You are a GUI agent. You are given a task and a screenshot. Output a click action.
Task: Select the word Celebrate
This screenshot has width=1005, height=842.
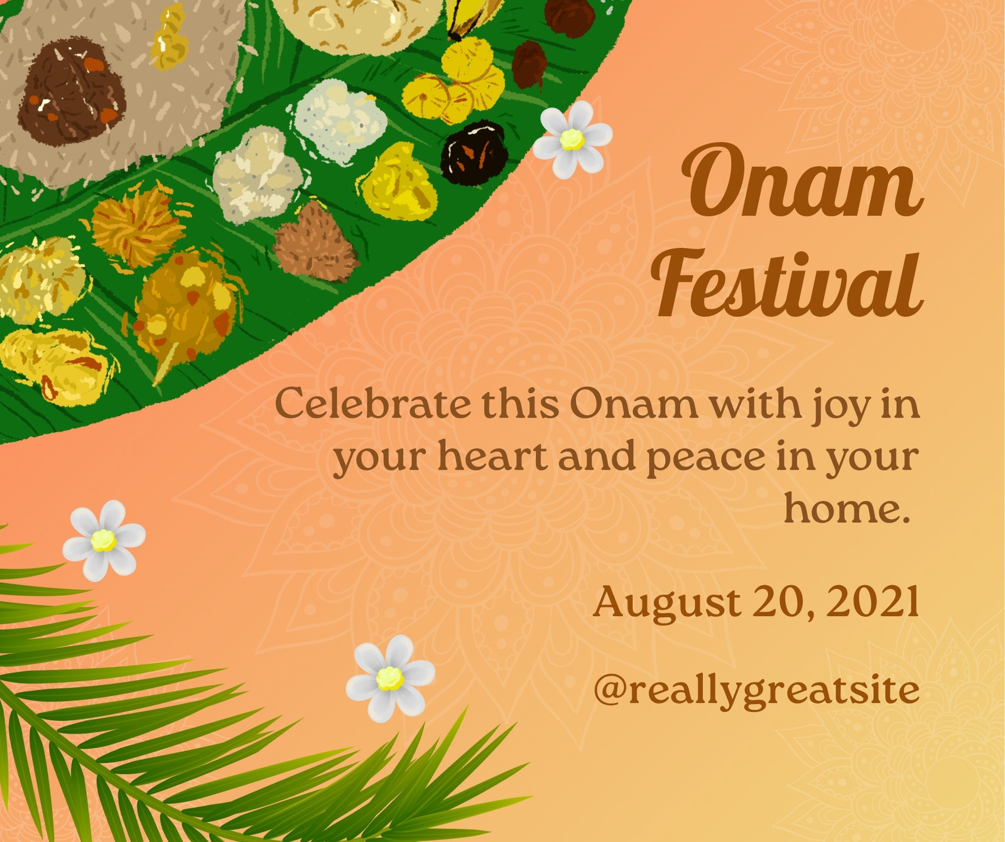373,403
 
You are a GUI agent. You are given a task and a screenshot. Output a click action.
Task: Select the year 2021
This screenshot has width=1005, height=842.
873,601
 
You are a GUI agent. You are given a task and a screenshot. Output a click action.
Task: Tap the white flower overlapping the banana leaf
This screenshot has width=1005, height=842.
572,139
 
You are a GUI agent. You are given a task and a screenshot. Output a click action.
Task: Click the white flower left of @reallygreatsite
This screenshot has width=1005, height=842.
390,678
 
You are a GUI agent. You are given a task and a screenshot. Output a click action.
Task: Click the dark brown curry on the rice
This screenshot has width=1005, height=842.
70,92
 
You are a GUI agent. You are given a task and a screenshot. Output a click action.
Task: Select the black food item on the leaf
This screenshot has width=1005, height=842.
473,151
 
